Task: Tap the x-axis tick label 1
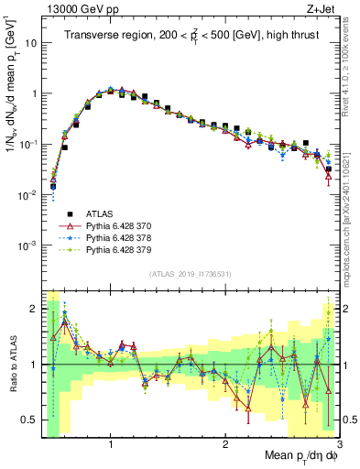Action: coord(111,446)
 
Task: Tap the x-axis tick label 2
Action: coord(225,446)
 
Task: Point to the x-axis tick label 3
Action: coord(338,446)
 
